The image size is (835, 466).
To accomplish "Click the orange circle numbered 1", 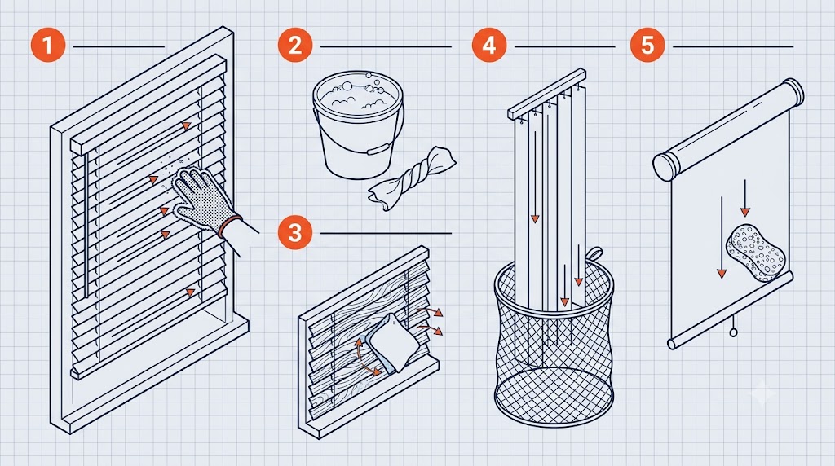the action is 48,45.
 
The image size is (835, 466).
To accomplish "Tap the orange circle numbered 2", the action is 295,45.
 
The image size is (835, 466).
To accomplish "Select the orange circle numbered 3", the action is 295,232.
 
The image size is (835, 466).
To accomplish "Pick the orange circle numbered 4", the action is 489,45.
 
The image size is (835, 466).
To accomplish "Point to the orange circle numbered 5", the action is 647,45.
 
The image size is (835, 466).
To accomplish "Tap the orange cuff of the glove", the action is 229,226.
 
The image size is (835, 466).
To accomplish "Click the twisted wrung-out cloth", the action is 411,178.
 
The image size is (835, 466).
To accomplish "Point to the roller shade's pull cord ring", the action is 733,332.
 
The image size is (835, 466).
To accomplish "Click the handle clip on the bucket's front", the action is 377,149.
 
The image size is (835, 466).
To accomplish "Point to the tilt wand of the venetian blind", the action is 85,226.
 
